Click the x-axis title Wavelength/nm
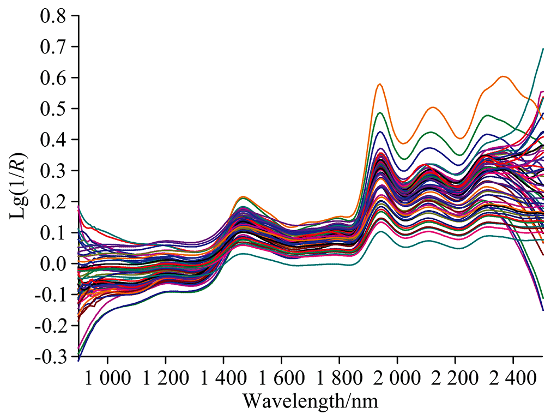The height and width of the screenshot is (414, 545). coord(310,401)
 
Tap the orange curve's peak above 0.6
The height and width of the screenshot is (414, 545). coord(503,76)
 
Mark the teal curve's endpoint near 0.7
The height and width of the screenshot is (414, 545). coord(543,49)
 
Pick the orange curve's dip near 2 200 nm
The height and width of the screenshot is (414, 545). coord(460,138)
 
